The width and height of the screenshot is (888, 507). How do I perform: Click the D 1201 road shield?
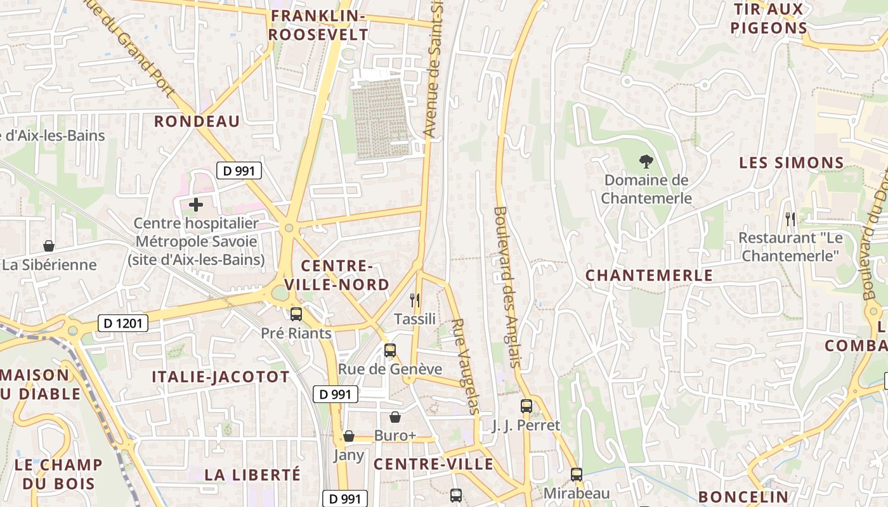tap(124, 324)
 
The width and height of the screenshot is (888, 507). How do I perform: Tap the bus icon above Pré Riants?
tap(296, 314)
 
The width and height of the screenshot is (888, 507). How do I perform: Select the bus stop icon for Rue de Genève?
tap(390, 350)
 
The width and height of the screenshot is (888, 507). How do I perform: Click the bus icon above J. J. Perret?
tap(526, 406)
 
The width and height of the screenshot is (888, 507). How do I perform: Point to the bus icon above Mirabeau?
tap(577, 475)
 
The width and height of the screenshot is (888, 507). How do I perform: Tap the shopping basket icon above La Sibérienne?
tap(49, 246)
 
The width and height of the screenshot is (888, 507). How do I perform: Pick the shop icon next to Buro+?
tap(395, 417)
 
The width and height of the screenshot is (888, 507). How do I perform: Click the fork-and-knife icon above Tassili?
tap(415, 300)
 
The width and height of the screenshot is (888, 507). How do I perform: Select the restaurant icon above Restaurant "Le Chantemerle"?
tap(790, 219)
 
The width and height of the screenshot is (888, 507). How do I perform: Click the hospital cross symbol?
tap(196, 205)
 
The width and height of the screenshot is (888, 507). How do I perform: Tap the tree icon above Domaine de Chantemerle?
tap(646, 162)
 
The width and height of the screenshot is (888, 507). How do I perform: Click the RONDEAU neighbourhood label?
tap(197, 122)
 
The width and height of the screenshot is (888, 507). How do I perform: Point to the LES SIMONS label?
tap(792, 163)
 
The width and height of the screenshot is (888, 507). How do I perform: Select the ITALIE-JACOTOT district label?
tap(220, 377)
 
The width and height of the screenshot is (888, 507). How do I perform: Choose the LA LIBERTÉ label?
tap(252, 474)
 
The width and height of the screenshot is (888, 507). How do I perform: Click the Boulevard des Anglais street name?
tap(508, 286)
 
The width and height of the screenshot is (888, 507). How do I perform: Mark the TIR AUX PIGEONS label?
tap(769, 18)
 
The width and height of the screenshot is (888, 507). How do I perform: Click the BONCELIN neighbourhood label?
tap(743, 497)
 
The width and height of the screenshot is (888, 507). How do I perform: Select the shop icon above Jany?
tap(348, 436)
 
